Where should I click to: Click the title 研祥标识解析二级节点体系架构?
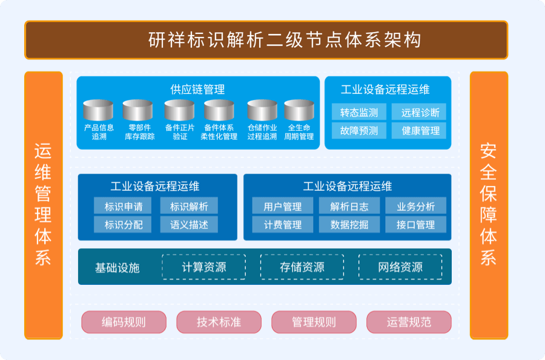[x=285, y=40]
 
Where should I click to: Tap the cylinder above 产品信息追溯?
[x=98, y=110]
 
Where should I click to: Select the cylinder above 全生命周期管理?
[x=299, y=110]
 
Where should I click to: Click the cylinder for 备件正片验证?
[x=179, y=110]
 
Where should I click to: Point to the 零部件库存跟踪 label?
[x=140, y=132]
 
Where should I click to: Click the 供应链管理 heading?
[x=197, y=89]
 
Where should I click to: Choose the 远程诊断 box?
[x=419, y=112]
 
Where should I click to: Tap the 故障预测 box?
[x=359, y=130]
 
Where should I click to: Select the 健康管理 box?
[x=419, y=130]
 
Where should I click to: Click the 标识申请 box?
[x=123, y=206]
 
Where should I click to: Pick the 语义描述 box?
[x=189, y=225]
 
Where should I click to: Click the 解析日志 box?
[x=349, y=206]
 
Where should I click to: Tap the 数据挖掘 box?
[x=349, y=225]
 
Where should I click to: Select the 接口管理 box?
[x=415, y=225]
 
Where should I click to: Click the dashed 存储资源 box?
[x=302, y=267]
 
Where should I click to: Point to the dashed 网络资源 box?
[x=400, y=267]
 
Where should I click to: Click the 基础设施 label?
[x=117, y=267]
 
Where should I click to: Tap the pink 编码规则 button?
[x=124, y=322]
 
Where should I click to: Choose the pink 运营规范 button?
[x=409, y=322]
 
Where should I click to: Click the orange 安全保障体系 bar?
[x=489, y=205]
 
